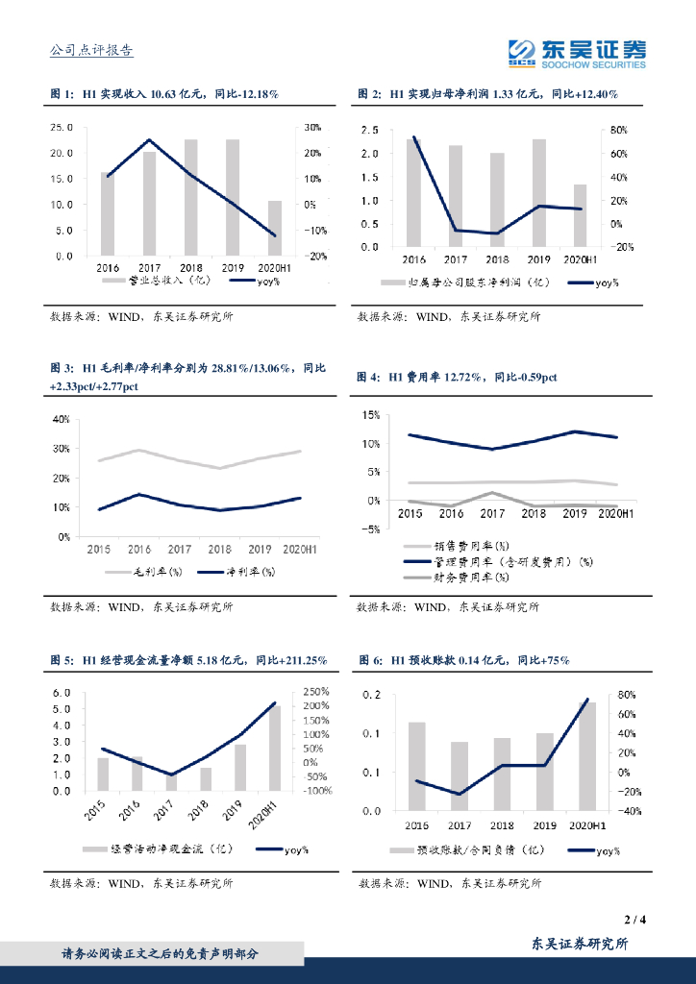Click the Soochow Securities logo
pyautogui.click(x=577, y=53)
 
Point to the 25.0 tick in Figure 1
pyautogui.click(x=62, y=127)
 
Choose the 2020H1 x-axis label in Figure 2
pyautogui.click(x=580, y=259)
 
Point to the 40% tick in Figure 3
pyautogui.click(x=61, y=420)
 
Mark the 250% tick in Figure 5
pyautogui.click(x=318, y=692)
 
